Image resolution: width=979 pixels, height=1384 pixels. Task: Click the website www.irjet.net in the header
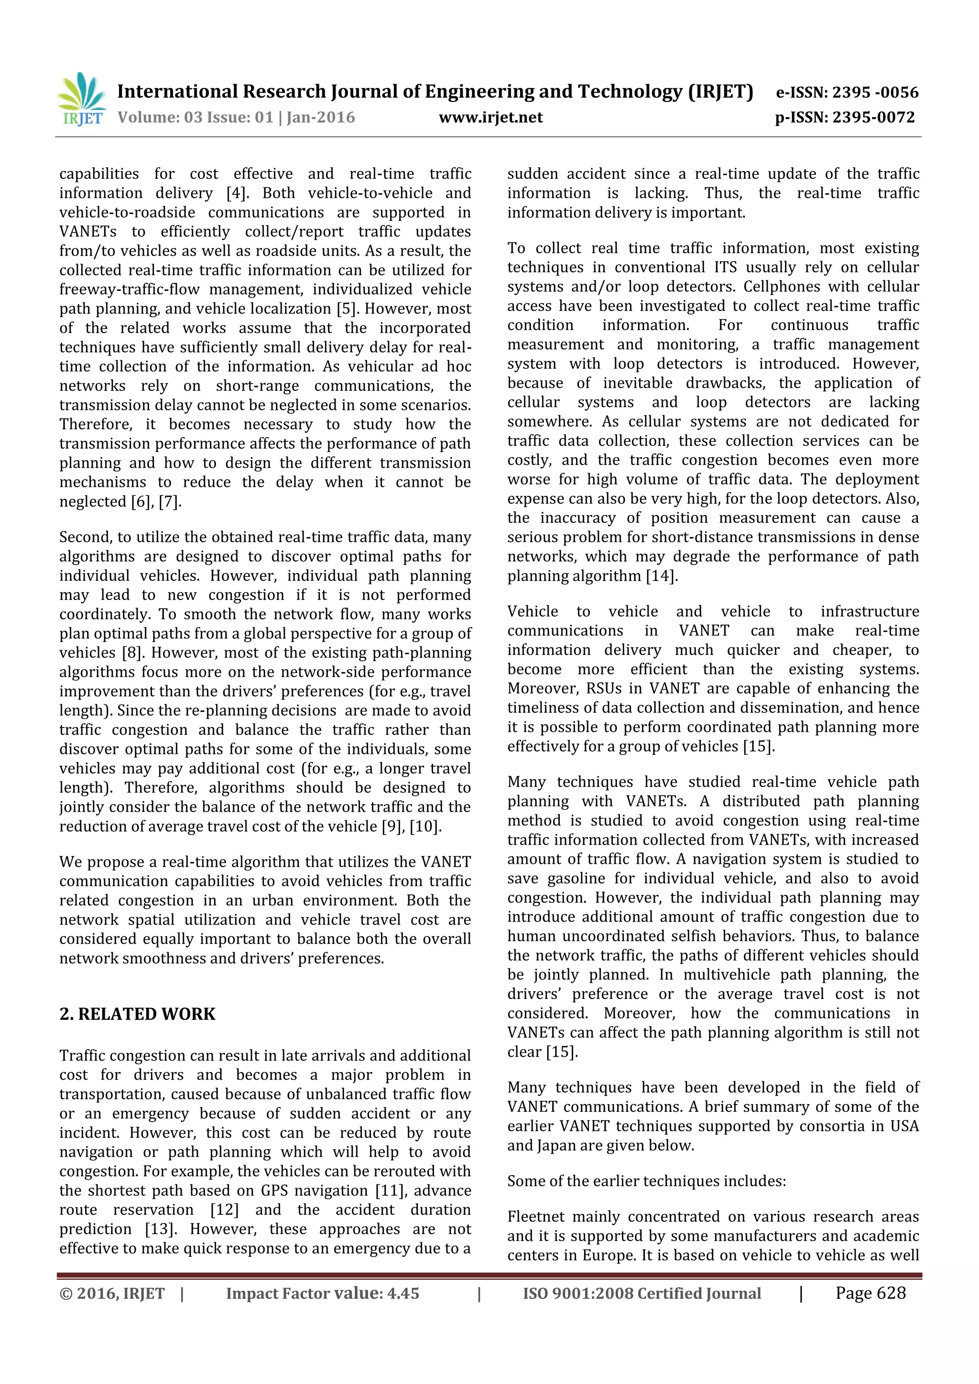(x=490, y=118)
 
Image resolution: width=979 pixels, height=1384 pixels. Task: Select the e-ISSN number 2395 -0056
(x=875, y=92)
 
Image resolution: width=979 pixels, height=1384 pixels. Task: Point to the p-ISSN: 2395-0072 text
(x=845, y=118)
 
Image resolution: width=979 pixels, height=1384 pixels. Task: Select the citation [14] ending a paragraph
(x=661, y=576)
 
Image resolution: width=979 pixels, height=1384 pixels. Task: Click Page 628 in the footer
(x=870, y=1292)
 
